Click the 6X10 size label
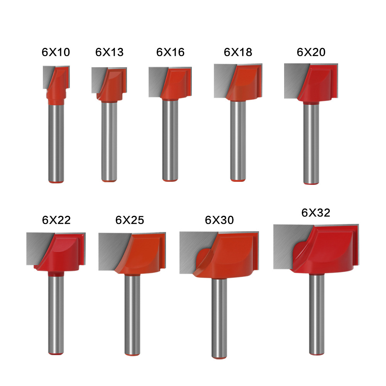tap(56, 52)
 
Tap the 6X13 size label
tap(110, 52)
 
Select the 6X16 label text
tap(170, 52)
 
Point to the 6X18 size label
tap(238, 52)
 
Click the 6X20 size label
tap(311, 52)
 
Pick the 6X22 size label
tap(56, 220)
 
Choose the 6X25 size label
tap(130, 220)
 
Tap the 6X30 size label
tap(219, 220)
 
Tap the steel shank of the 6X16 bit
tap(170, 139)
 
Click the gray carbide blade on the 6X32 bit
tap(286, 247)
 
